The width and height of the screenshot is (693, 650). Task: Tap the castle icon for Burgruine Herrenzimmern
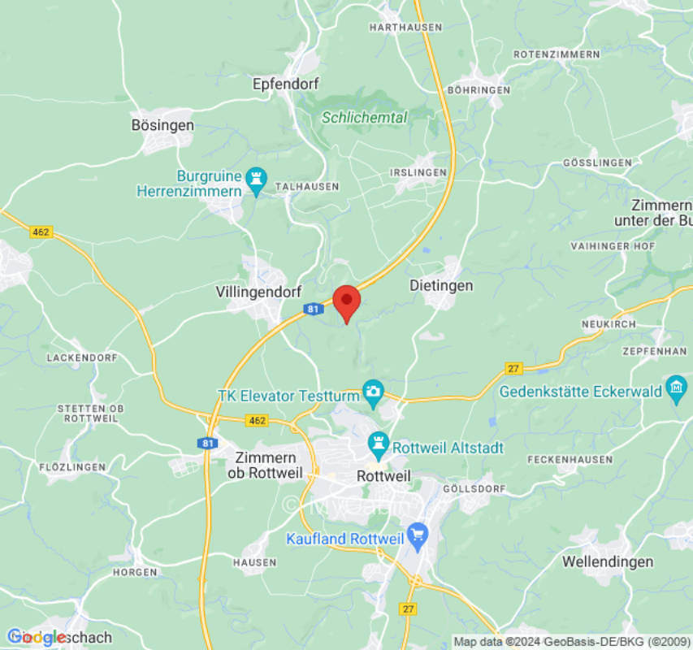(257, 179)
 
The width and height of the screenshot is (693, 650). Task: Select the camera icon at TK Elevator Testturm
(373, 391)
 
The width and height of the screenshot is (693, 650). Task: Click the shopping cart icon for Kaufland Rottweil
(418, 535)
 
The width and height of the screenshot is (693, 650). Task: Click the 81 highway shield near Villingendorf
(314, 309)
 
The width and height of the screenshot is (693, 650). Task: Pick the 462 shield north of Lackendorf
(41, 232)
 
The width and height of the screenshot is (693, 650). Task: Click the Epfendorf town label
(285, 84)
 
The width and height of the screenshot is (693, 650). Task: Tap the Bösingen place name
(162, 125)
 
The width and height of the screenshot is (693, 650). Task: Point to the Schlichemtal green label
(364, 117)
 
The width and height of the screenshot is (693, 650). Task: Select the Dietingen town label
(441, 286)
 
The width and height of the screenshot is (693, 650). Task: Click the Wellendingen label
(608, 561)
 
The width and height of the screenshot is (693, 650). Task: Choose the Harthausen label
(405, 27)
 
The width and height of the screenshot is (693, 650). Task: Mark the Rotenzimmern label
(556, 54)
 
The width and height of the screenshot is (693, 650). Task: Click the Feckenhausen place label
(570, 459)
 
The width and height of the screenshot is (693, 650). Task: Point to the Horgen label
(135, 572)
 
